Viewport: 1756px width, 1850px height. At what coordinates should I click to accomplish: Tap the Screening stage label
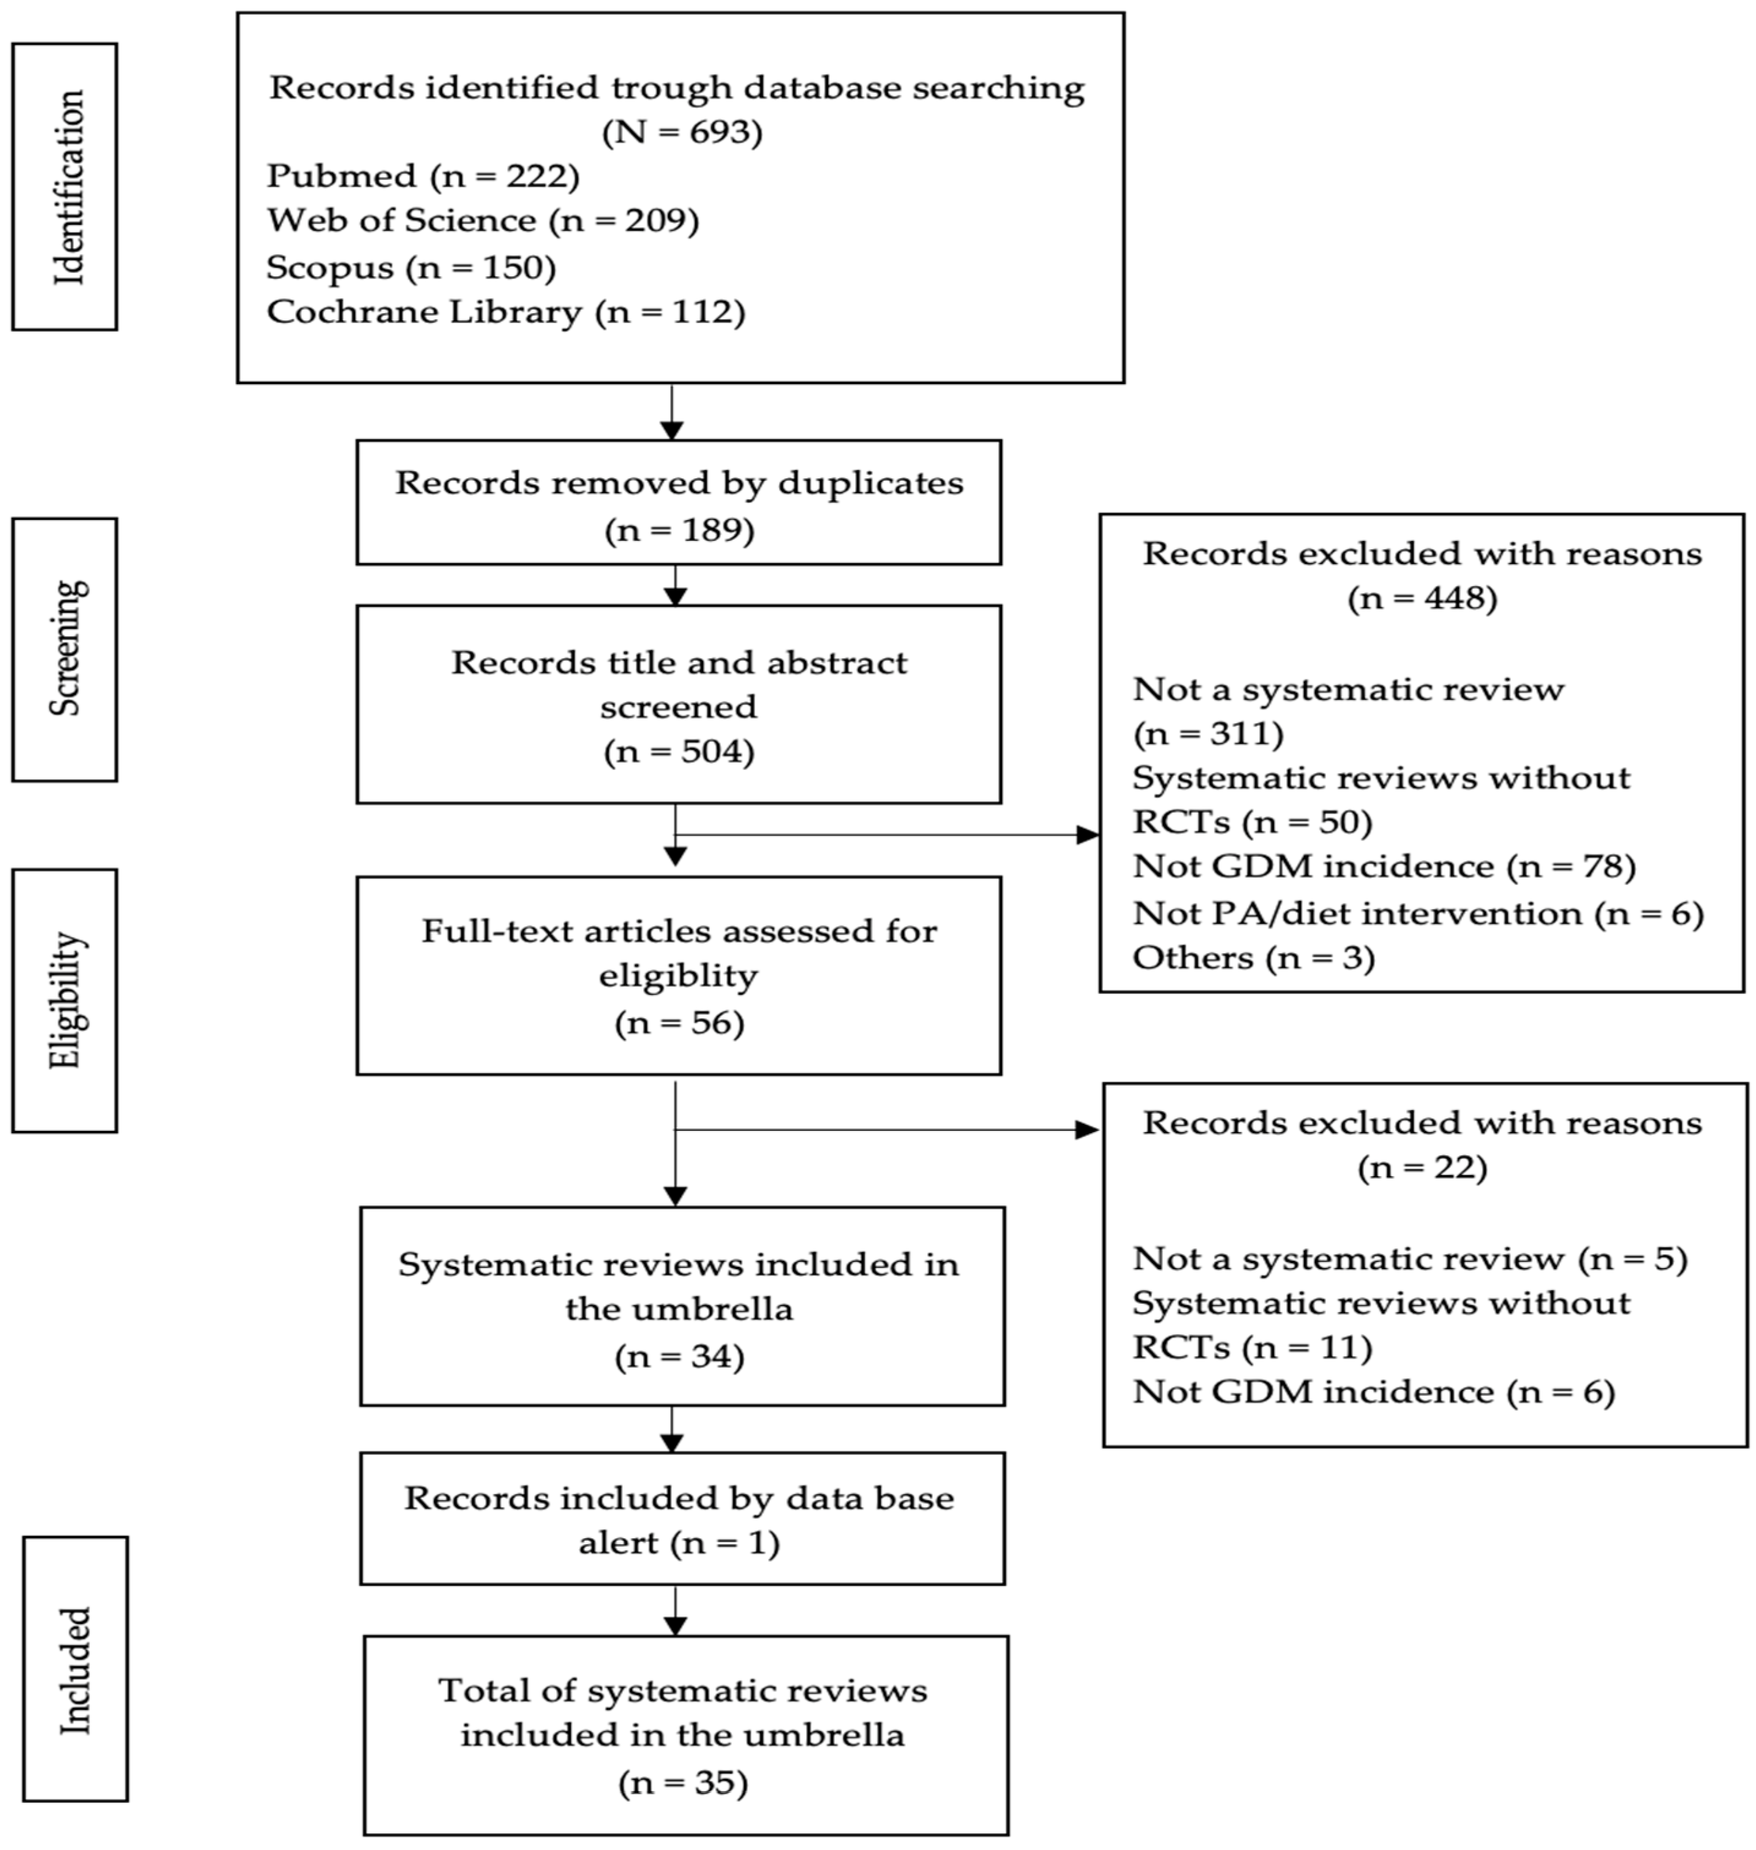click(x=66, y=649)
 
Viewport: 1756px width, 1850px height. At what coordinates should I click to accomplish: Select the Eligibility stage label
click(x=66, y=1000)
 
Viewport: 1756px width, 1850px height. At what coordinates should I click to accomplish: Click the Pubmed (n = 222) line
click(x=423, y=176)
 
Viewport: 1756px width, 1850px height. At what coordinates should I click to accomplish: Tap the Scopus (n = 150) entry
click(x=411, y=268)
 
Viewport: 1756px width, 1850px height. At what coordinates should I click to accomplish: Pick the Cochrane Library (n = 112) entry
click(x=505, y=312)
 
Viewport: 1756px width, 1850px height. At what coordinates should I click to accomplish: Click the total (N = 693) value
click(x=682, y=132)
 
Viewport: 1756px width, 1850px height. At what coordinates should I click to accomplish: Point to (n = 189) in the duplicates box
click(x=680, y=531)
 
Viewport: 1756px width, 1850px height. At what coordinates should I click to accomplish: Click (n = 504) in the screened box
click(x=680, y=752)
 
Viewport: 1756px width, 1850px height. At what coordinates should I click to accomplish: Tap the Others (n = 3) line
click(x=1253, y=957)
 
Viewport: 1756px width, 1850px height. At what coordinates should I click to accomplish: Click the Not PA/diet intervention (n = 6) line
click(x=1418, y=913)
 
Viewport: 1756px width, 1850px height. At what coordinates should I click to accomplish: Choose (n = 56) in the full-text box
click(x=680, y=1022)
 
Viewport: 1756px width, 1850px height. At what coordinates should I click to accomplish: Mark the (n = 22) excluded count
click(x=1422, y=1168)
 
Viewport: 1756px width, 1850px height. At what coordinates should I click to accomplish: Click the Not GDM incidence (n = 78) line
click(x=1384, y=867)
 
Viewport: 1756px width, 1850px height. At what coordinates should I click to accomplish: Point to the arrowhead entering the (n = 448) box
click(x=1088, y=834)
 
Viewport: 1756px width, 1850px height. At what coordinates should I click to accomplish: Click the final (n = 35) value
click(x=684, y=1783)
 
